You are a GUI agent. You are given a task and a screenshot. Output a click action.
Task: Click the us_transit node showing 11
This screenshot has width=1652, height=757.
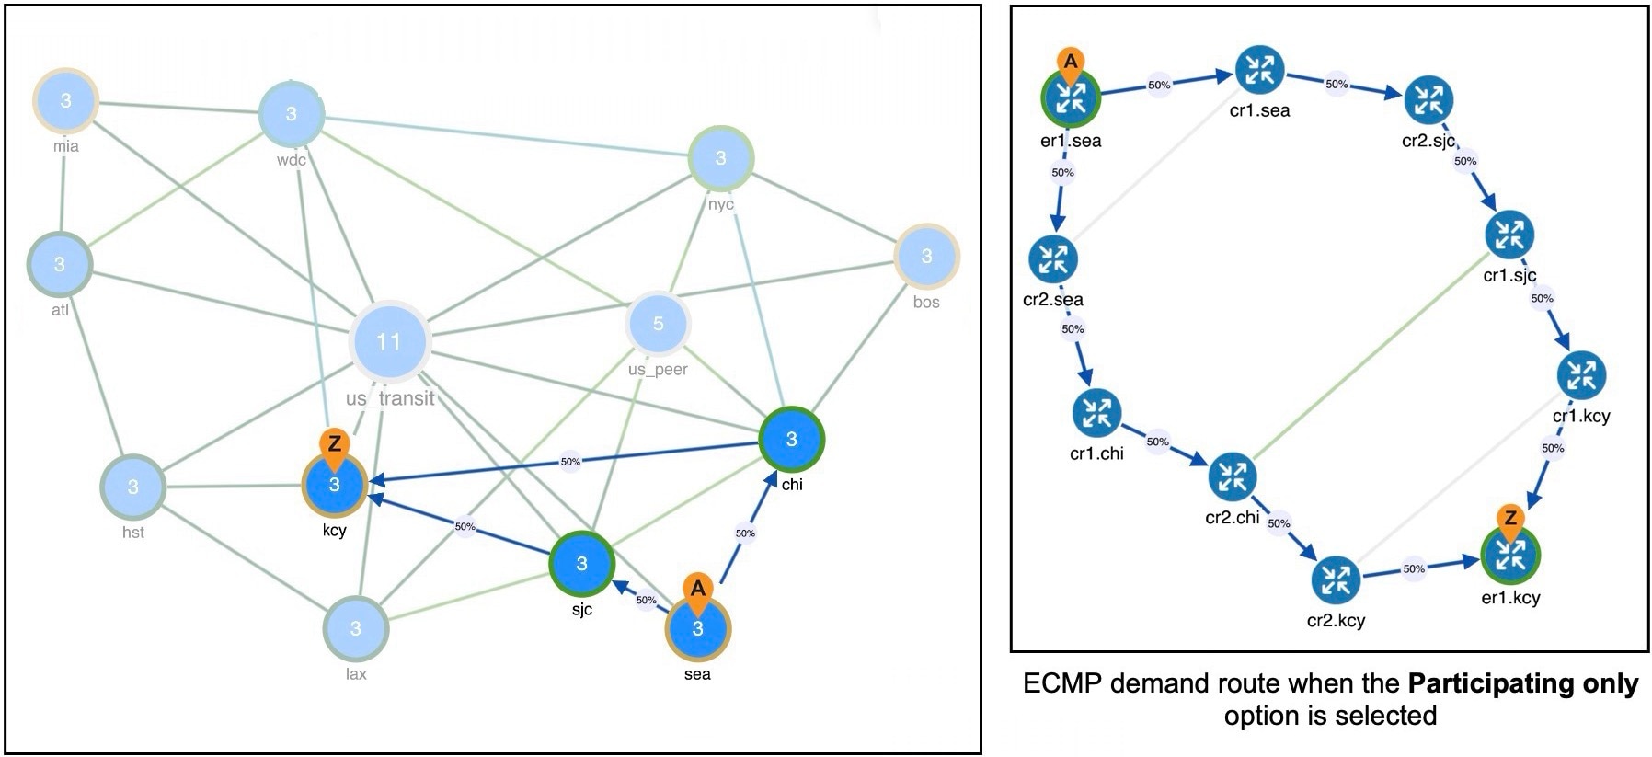pyautogui.click(x=389, y=341)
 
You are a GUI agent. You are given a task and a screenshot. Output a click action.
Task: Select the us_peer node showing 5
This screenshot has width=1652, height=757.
pyautogui.click(x=658, y=324)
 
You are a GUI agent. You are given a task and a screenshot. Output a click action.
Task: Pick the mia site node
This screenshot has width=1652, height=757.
pyautogui.click(x=65, y=100)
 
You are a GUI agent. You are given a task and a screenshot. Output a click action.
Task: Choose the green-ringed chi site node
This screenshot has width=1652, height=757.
pyautogui.click(x=791, y=440)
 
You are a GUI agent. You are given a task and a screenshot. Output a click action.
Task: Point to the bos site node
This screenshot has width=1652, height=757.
pyautogui.click(x=926, y=257)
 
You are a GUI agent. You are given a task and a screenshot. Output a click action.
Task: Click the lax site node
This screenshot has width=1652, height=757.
pyautogui.click(x=356, y=629)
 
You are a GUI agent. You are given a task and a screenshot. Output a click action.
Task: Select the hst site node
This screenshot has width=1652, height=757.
pyautogui.click(x=133, y=487)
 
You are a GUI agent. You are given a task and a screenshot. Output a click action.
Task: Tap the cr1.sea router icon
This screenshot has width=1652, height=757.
pyautogui.click(x=1259, y=70)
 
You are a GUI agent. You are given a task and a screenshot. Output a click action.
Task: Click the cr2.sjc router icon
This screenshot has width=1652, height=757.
pyautogui.click(x=1428, y=100)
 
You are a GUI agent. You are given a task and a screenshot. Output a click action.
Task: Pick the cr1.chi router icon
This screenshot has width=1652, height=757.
pyautogui.click(x=1096, y=414)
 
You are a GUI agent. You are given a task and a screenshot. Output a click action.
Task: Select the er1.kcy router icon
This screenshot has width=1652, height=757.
pyautogui.click(x=1510, y=556)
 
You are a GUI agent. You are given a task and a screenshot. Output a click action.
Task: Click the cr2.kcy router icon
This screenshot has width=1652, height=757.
pyautogui.click(x=1335, y=580)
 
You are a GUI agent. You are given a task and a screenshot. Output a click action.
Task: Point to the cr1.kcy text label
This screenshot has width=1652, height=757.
pyautogui.click(x=1581, y=416)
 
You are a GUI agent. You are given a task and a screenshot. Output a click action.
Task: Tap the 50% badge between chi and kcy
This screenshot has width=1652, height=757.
pyautogui.click(x=570, y=461)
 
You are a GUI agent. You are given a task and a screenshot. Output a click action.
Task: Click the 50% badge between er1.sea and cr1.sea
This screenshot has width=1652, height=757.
pyautogui.click(x=1159, y=86)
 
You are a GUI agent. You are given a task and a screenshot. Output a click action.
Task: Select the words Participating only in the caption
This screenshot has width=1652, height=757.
pyautogui.click(x=1523, y=683)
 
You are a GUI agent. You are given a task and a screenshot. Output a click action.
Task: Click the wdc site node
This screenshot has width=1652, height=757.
pyautogui.click(x=291, y=114)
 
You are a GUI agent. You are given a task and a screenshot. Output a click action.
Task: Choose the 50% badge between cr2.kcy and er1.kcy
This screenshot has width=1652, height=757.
pyautogui.click(x=1414, y=568)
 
